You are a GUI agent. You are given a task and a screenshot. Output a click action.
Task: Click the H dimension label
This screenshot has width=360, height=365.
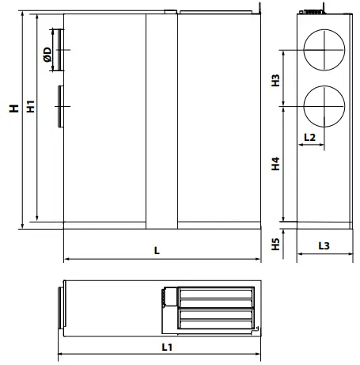pos(14,108)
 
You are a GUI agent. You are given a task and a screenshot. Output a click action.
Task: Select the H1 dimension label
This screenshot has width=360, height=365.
pos(31,106)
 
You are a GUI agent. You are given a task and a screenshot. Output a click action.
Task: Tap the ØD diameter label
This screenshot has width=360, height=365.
pos(47,55)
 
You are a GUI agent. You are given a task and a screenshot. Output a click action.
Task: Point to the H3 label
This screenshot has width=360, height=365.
pos(275,80)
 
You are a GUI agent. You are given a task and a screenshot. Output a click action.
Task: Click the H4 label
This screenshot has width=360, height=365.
pos(275,164)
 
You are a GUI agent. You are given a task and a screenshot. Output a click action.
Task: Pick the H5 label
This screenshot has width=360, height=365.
pos(275,244)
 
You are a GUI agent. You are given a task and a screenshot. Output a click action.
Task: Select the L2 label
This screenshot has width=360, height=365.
pos(309,138)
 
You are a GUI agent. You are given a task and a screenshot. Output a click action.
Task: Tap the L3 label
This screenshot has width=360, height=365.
pos(324,245)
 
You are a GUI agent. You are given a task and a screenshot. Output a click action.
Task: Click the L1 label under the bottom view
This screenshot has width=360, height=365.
pos(167,347)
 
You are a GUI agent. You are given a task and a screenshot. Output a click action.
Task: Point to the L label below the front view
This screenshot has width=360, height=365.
pos(157,250)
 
